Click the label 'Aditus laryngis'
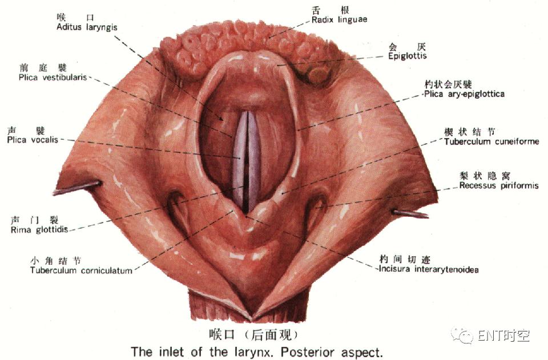click(87, 27)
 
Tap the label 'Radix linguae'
click(339, 19)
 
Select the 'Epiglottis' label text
click(407, 56)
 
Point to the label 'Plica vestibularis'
click(53, 77)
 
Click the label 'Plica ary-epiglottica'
click(464, 94)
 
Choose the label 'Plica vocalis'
click(33, 140)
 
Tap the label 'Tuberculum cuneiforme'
click(491, 141)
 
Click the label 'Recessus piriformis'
click(499, 185)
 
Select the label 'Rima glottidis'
click(39, 230)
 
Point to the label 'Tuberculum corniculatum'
click(81, 270)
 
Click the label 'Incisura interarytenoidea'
click(429, 269)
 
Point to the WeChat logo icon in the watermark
click(463, 335)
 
